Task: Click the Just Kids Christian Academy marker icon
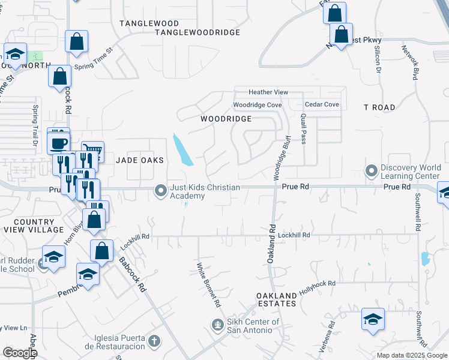tap(160, 191)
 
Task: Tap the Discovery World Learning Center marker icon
tap(372, 171)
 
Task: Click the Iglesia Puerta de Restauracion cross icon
tap(154, 341)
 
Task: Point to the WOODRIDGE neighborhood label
tap(226, 119)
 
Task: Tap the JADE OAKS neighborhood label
tap(143, 160)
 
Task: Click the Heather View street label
tap(268, 92)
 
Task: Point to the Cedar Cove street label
tap(322, 104)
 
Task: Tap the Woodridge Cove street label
tap(258, 105)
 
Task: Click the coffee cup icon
tap(59, 143)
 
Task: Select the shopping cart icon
tap(92, 150)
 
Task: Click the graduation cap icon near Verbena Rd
tap(373, 319)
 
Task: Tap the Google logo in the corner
tap(19, 353)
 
